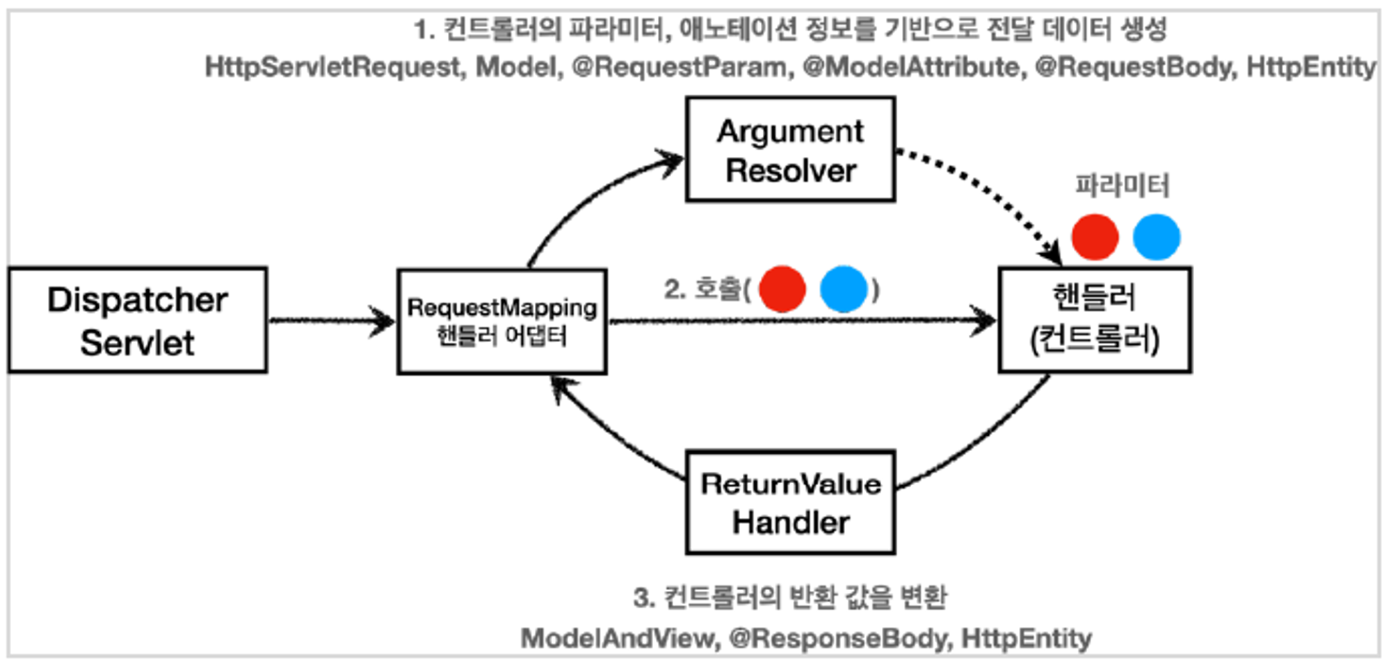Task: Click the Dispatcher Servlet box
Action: point(138,320)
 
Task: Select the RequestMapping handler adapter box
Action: point(501,321)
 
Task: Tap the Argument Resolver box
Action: point(790,150)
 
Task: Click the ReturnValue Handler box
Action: point(790,503)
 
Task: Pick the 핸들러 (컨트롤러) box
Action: point(1094,319)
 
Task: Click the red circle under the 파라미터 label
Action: point(1095,237)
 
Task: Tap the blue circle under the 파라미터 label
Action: point(1156,237)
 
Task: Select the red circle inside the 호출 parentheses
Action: point(782,288)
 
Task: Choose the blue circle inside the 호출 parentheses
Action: point(843,288)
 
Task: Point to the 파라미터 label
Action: point(1122,185)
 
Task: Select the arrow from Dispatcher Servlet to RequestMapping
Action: point(331,320)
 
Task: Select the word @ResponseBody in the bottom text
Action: point(839,638)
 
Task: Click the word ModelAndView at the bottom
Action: point(620,638)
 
